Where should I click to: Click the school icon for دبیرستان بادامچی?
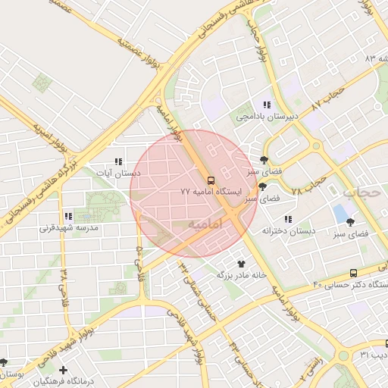pyautogui.click(x=266, y=105)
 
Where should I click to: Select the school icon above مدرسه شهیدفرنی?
pyautogui.click(x=69, y=216)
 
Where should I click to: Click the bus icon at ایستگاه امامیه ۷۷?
pyautogui.click(x=211, y=180)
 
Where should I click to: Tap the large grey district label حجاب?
pyautogui.click(x=361, y=192)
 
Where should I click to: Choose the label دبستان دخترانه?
pyautogui.click(x=289, y=230)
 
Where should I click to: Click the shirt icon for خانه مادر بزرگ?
pyautogui.click(x=242, y=264)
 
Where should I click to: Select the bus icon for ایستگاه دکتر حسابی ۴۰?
pyautogui.click(x=354, y=273)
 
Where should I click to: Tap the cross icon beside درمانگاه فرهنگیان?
pyautogui.click(x=63, y=370)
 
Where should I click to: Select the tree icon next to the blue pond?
pyautogui.click(x=350, y=222)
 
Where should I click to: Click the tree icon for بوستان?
pyautogui.click(x=4, y=362)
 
